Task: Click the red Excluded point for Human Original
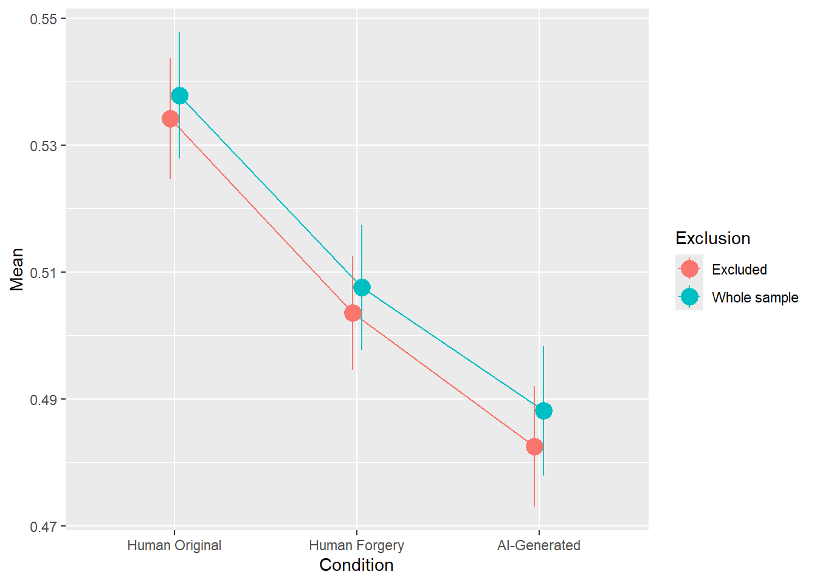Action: [x=170, y=118]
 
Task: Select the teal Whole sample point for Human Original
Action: [x=179, y=95]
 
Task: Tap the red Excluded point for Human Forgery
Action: [x=353, y=313]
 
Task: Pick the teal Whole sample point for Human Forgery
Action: [x=362, y=287]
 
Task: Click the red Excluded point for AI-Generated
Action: [x=534, y=446]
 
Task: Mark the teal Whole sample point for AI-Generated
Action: [x=543, y=411]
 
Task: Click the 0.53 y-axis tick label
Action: [x=44, y=146]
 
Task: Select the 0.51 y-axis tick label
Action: [x=44, y=273]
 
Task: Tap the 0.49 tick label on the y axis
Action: [x=44, y=400]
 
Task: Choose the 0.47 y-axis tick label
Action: [x=44, y=527]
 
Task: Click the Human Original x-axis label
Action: [x=174, y=545]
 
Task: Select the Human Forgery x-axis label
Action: [x=356, y=545]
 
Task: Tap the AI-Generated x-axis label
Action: [x=539, y=545]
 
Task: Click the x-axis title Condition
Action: [x=356, y=565]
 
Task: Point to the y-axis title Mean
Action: [x=16, y=270]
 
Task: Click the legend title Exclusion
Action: [x=712, y=238]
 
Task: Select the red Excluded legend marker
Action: [x=689, y=268]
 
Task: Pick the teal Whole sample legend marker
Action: [x=689, y=296]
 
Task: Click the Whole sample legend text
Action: [x=755, y=298]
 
